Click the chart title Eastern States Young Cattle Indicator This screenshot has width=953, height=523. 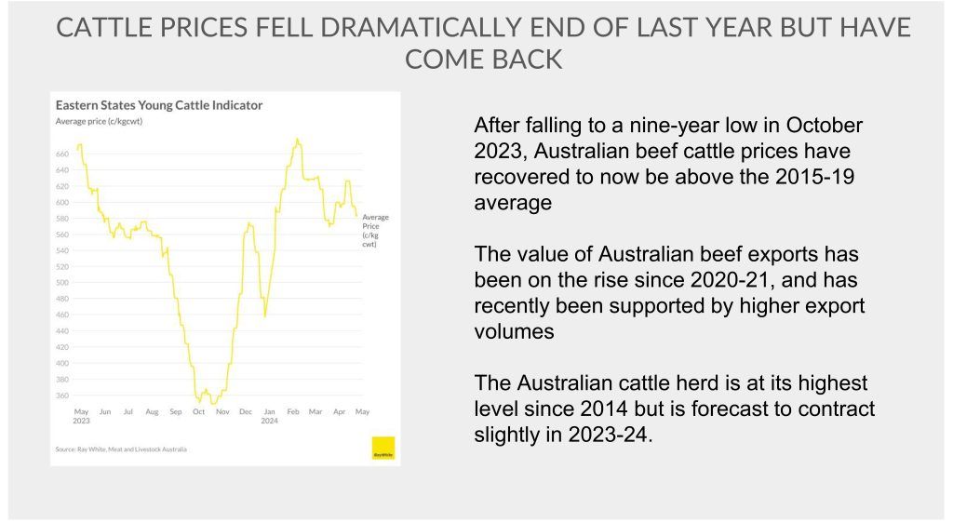click(159, 105)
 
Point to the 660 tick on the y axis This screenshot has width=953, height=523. click(62, 154)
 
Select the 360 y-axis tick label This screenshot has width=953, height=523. click(62, 396)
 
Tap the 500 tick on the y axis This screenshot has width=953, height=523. click(62, 283)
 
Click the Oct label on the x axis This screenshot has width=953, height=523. click(198, 411)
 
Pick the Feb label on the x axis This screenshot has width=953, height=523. click(291, 411)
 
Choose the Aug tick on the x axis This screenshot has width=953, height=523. click(152, 411)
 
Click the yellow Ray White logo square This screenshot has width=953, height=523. click(383, 448)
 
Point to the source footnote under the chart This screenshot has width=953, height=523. click(121, 449)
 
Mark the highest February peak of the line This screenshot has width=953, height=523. click(296, 140)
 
